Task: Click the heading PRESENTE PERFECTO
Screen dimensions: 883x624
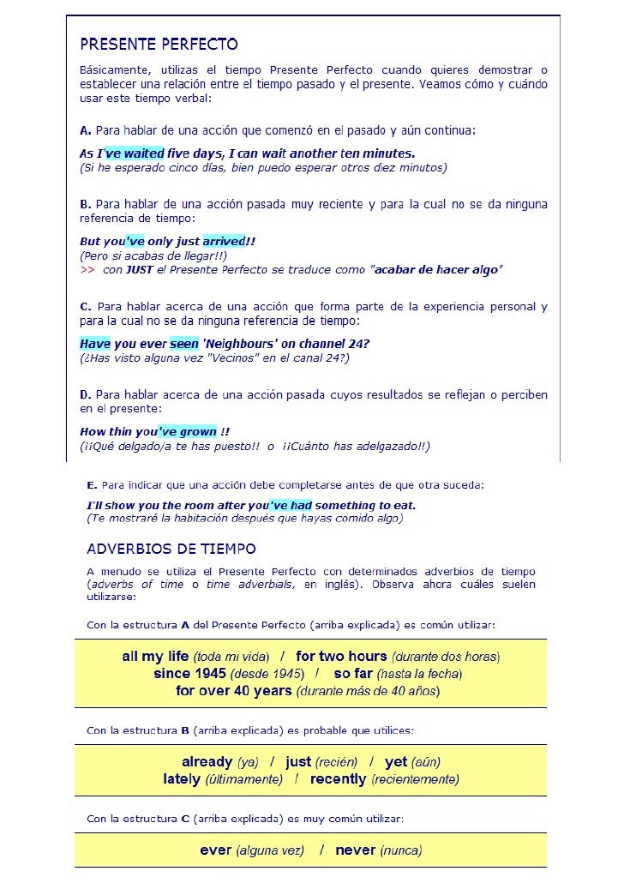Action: pyautogui.click(x=159, y=43)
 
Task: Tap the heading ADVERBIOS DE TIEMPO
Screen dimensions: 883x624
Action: pyautogui.click(x=171, y=549)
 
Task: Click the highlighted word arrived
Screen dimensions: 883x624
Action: pyautogui.click(x=224, y=242)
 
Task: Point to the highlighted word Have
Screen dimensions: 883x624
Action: pyautogui.click(x=95, y=344)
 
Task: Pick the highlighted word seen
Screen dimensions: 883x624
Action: pyautogui.click(x=184, y=344)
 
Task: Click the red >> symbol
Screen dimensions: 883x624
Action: pyautogui.click(x=87, y=270)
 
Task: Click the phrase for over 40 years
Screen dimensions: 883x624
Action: pyautogui.click(x=233, y=690)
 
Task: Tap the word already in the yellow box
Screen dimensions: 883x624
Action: pyautogui.click(x=207, y=761)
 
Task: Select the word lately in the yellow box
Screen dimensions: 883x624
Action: pyautogui.click(x=181, y=779)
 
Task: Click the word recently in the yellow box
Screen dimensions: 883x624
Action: pyautogui.click(x=339, y=779)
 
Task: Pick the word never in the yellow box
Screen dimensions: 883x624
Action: pyautogui.click(x=356, y=850)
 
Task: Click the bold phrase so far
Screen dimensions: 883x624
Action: pyautogui.click(x=352, y=674)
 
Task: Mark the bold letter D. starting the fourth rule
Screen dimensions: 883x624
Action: pyautogui.click(x=86, y=394)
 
